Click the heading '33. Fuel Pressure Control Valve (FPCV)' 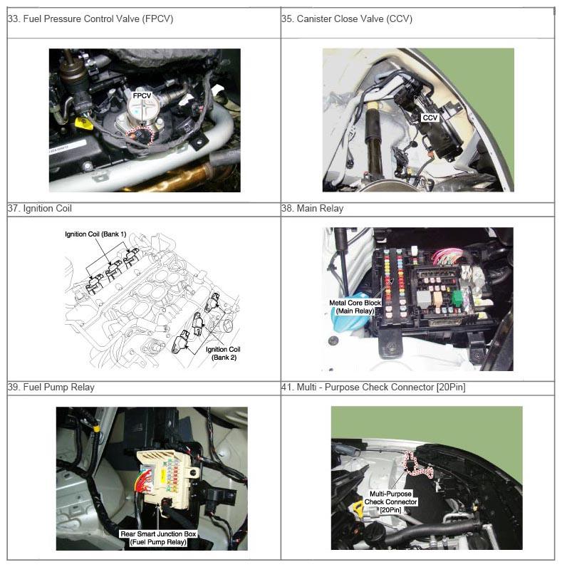tap(90, 19)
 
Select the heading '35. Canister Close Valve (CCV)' tap(347, 19)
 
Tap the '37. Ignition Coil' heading tap(40, 208)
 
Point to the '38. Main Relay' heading tap(313, 208)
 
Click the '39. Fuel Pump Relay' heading tap(51, 387)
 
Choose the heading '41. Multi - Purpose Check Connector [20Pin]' tap(373, 387)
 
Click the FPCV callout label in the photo tap(142, 96)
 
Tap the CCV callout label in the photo tap(430, 118)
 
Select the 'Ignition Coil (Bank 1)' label tap(95, 234)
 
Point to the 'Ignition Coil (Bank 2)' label tap(223, 353)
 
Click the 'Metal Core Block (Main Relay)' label tap(355, 307)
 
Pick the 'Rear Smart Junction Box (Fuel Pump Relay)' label tap(158, 538)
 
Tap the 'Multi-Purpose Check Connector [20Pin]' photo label tap(390, 502)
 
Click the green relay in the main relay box tap(457, 298)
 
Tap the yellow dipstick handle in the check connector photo tap(358, 508)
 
